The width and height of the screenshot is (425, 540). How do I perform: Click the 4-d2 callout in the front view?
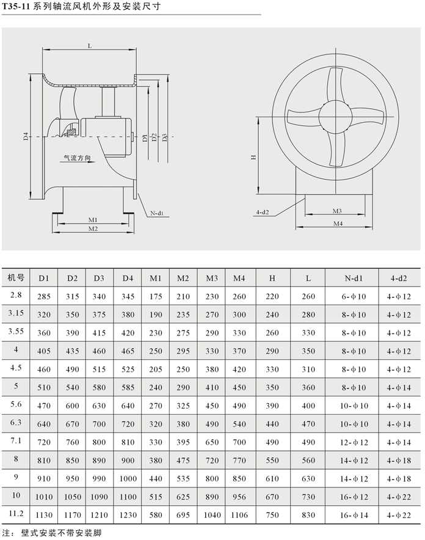pos(263,212)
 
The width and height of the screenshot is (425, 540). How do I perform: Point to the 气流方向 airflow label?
pos(78,158)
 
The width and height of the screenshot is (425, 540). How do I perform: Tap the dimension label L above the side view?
pos(89,46)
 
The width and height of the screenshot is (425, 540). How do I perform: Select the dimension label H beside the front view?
pos(252,156)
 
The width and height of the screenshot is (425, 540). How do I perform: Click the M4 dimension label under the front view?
pos(338,224)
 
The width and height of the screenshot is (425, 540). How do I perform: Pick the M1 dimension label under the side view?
pos(93,219)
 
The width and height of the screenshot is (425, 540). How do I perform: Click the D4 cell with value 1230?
pos(128,516)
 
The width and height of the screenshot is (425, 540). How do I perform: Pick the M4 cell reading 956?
pos(239,498)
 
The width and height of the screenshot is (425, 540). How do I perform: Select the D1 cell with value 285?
pos(43,297)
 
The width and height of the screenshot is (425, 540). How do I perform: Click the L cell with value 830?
pos(308,516)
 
